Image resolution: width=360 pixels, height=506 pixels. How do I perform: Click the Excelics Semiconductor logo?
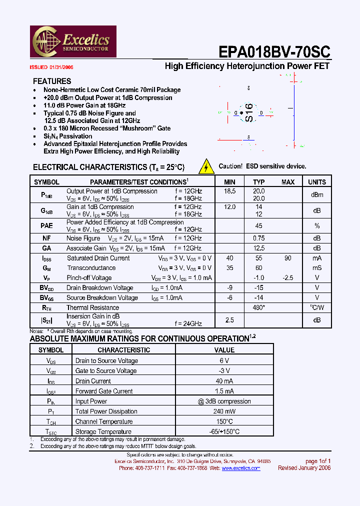tap(73, 41)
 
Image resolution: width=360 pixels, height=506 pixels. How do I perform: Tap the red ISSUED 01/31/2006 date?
tap(51, 67)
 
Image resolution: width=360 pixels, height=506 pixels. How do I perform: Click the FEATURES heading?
tap(52, 81)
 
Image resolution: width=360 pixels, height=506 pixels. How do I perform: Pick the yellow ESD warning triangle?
tap(206, 166)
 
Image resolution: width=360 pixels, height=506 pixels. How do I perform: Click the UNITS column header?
tap(317, 182)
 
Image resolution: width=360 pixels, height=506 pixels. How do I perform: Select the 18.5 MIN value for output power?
tap(229, 191)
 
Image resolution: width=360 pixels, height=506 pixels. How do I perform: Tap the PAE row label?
tap(46, 225)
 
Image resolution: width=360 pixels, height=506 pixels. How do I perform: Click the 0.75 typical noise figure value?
tap(258, 238)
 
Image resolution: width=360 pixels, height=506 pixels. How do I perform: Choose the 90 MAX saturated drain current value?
tap(287, 258)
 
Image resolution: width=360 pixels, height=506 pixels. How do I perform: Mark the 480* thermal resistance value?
tap(258, 307)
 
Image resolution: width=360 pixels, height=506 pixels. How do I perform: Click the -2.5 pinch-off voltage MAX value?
tap(287, 277)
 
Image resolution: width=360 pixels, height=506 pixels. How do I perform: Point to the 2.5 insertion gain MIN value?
tap(229, 319)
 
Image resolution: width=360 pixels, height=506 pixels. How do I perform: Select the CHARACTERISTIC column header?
tap(123, 350)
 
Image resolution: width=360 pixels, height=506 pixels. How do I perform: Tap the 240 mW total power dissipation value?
tap(224, 411)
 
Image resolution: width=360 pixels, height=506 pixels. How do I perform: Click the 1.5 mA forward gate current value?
tap(224, 391)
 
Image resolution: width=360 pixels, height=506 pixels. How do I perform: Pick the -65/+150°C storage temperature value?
tap(224, 431)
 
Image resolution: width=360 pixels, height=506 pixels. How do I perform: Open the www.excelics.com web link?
tap(241, 468)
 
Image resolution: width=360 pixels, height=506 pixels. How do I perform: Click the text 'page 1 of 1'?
tap(318, 461)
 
